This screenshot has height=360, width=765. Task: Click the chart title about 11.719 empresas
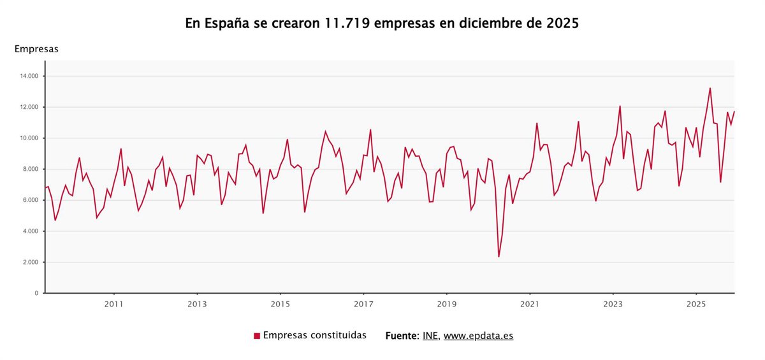point(382,24)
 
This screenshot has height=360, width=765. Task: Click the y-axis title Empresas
point(36,49)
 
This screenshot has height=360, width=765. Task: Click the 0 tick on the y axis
point(37,293)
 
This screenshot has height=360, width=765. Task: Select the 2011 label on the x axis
point(113,304)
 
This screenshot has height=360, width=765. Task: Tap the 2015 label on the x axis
point(280,304)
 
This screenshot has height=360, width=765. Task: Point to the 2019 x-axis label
point(447,304)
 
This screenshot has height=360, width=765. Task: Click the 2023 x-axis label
point(613,304)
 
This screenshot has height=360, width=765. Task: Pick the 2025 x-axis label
point(696,304)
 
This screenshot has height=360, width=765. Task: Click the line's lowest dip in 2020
point(499,257)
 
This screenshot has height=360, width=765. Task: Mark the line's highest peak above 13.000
point(710,89)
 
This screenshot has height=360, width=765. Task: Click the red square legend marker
point(257,336)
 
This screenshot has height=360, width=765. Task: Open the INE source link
point(430,336)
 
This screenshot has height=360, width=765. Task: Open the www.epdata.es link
point(478,336)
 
